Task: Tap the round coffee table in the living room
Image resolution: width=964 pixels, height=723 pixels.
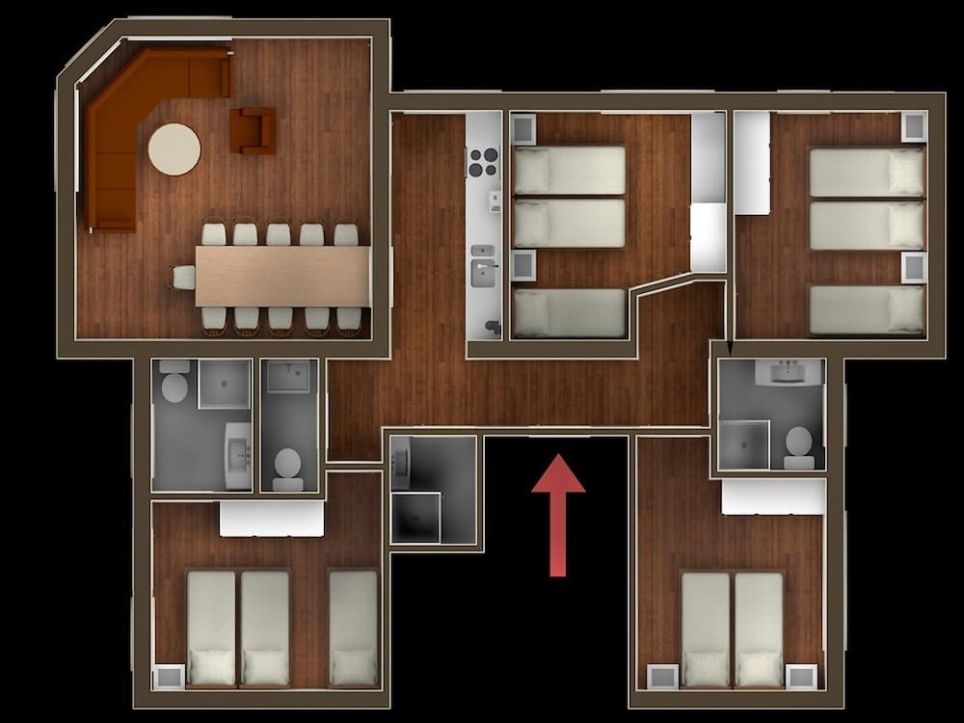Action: click(174, 149)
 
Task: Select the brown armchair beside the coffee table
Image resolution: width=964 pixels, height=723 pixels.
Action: click(253, 130)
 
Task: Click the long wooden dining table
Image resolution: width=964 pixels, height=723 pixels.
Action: click(282, 276)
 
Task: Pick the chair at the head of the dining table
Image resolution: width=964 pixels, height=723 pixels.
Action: click(183, 278)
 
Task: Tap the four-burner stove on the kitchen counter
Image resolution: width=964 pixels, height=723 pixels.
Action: click(483, 162)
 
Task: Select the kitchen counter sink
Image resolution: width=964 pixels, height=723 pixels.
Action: click(483, 272)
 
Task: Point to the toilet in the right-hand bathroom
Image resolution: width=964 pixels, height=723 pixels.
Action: click(798, 445)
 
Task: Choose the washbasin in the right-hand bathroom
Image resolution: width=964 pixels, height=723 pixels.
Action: click(789, 371)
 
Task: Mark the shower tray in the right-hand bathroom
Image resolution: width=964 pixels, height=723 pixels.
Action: click(743, 444)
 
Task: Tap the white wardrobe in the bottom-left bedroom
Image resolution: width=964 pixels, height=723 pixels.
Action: click(271, 519)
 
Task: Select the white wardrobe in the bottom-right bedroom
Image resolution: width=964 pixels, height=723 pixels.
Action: click(773, 496)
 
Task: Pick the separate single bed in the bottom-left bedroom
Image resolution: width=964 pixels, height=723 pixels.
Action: click(353, 627)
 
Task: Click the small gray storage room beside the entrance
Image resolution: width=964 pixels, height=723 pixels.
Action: click(433, 490)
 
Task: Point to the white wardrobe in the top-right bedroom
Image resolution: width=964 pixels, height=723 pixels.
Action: click(752, 163)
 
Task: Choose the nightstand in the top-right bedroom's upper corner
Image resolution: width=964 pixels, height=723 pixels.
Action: click(913, 126)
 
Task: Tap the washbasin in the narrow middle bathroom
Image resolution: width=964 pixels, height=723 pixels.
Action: click(288, 376)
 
